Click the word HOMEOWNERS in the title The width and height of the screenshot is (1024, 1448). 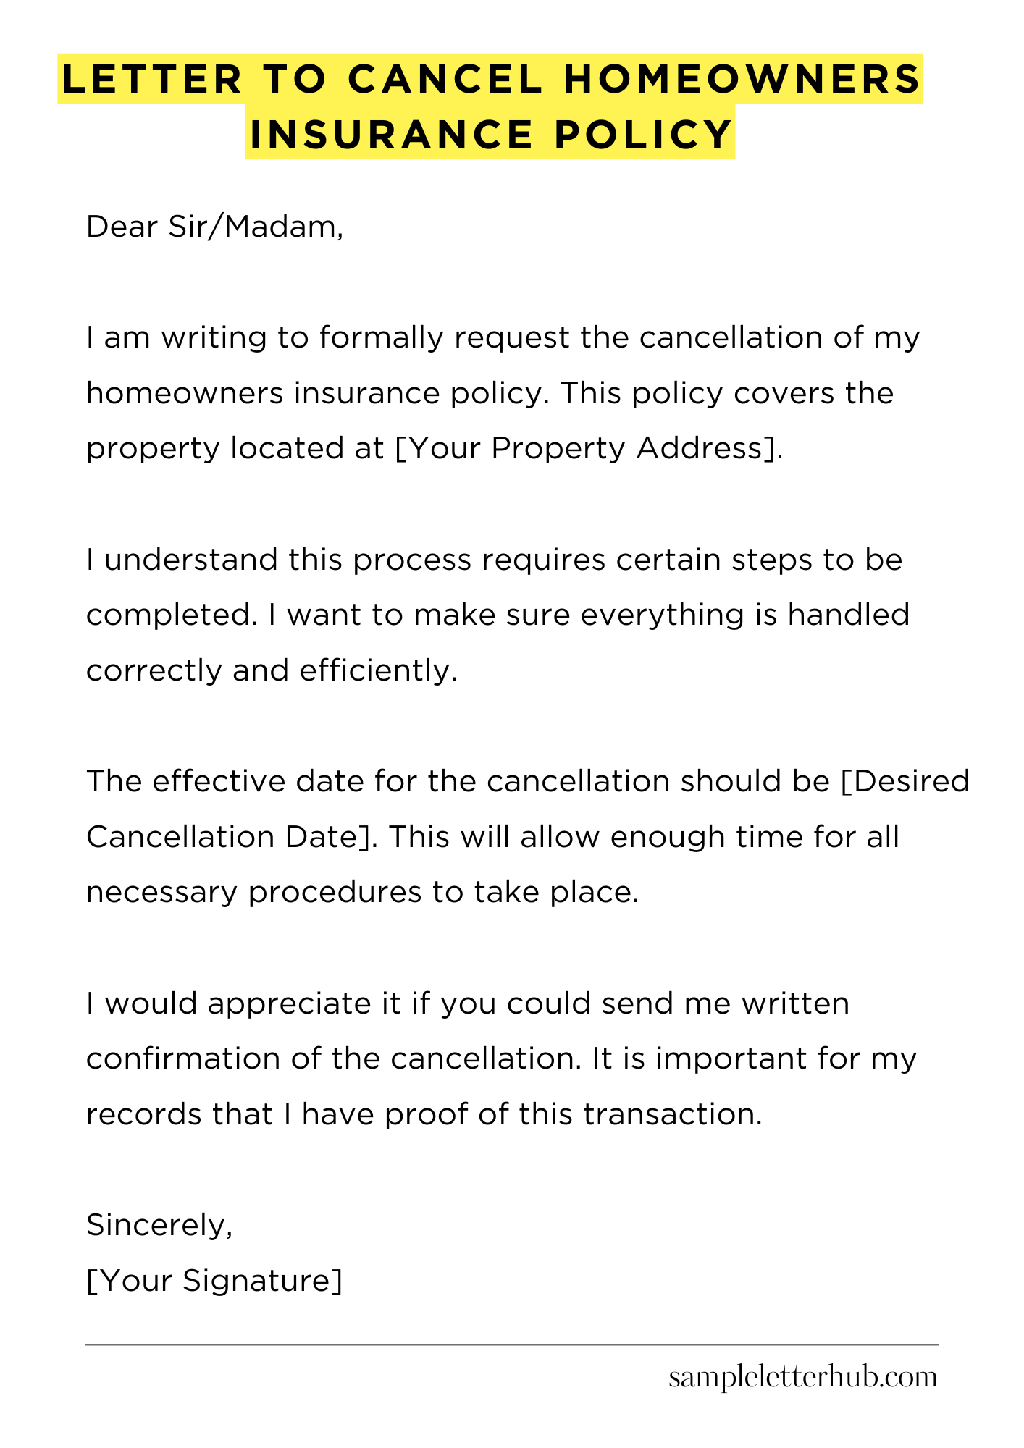(x=742, y=79)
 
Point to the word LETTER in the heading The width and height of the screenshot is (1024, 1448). (x=153, y=79)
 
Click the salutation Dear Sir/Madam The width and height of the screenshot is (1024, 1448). (x=214, y=227)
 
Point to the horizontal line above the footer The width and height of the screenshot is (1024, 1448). (x=511, y=1344)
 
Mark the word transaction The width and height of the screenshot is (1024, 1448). (x=673, y=1114)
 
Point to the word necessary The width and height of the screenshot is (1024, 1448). (x=161, y=892)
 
